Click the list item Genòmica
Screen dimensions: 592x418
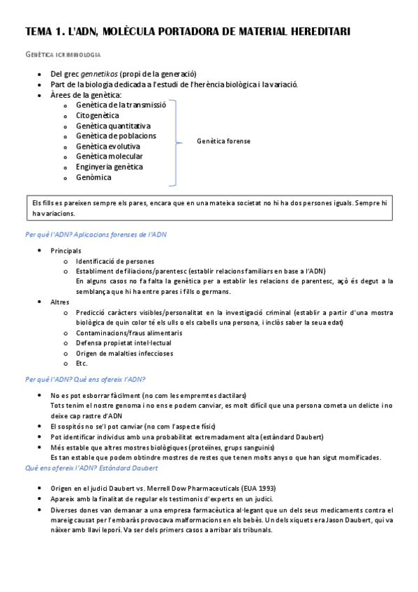point(94,177)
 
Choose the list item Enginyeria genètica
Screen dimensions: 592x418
point(110,167)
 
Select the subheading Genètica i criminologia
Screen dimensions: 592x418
point(63,54)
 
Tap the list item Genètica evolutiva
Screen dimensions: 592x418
point(108,147)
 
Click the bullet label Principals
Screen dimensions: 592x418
point(66,251)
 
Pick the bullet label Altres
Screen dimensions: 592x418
point(60,302)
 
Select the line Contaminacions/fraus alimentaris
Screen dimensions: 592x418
point(129,333)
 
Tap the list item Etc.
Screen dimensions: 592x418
point(82,364)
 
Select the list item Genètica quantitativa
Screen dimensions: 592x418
point(113,126)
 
